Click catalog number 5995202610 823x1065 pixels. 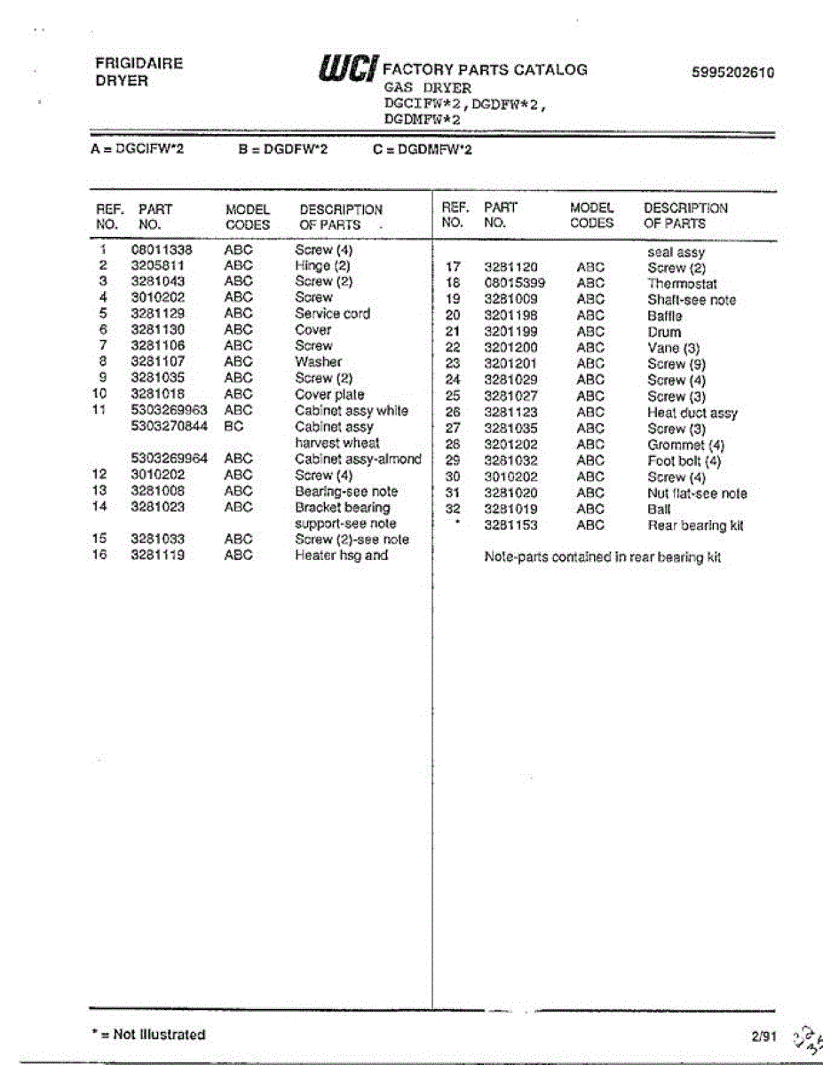click(x=732, y=73)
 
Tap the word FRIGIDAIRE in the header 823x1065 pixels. click(x=139, y=64)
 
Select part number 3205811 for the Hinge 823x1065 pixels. click(x=157, y=265)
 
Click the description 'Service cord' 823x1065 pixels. click(x=332, y=313)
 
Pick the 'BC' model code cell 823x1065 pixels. click(x=233, y=426)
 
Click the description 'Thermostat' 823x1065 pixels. click(x=682, y=284)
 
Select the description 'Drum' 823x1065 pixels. click(x=664, y=332)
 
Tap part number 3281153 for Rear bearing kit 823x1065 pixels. click(x=510, y=525)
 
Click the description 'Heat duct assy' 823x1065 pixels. click(x=692, y=413)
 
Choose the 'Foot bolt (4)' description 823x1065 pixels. click(x=684, y=461)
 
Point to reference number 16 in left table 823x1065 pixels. click(x=99, y=556)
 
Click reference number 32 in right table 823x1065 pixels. click(x=453, y=509)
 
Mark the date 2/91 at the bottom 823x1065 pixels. click(x=762, y=1035)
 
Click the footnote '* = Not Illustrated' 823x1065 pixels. click(x=148, y=1035)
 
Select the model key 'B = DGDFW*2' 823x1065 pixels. click(x=283, y=150)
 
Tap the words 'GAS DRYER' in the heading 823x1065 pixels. click(x=427, y=88)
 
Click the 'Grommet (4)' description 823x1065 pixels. click(x=685, y=445)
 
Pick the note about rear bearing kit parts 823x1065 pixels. click(x=602, y=557)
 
